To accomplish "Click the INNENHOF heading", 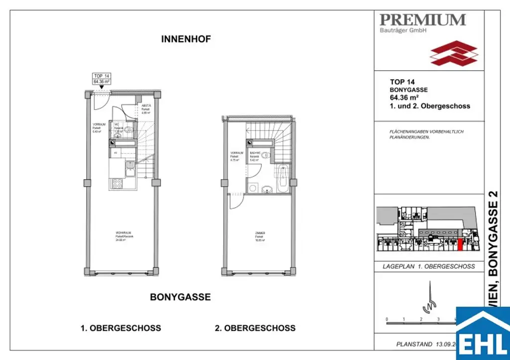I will [186, 39].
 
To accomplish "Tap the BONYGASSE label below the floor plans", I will [180, 297].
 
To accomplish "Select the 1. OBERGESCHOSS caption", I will [121, 328].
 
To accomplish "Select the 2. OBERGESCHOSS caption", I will [255, 328].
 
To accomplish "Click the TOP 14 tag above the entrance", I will [101, 78].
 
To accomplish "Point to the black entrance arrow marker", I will [101, 87].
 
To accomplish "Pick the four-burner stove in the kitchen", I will [117, 183].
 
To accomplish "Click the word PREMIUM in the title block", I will [422, 20].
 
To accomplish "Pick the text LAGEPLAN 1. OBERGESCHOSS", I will [429, 266].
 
